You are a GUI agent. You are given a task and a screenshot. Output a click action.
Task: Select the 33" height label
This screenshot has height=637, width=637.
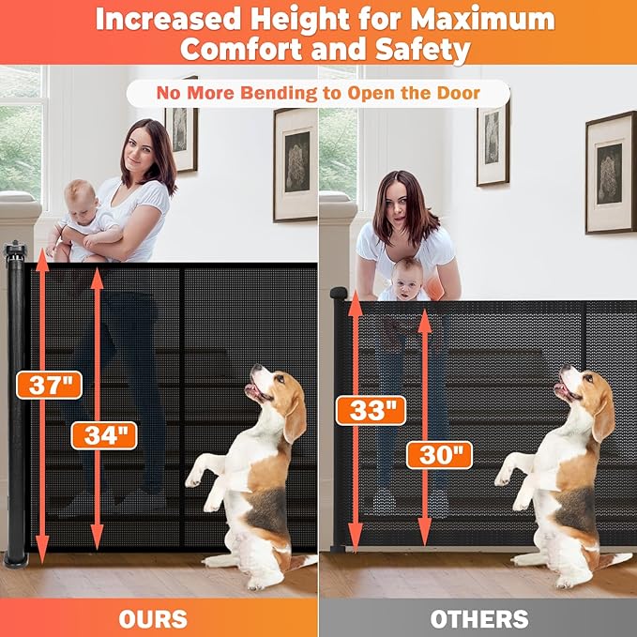tap(372, 409)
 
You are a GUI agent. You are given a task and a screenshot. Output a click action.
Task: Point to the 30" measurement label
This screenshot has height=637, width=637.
tap(438, 455)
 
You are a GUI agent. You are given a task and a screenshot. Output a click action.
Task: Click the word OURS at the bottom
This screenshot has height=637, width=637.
tap(153, 618)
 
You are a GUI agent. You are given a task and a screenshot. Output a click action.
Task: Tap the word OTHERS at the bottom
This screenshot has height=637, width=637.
tap(478, 618)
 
